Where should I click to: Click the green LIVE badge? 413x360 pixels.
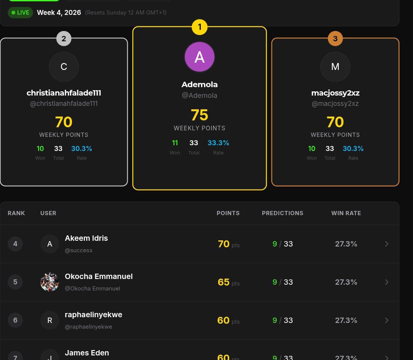click(20, 13)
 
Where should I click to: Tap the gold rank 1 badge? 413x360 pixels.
click(199, 27)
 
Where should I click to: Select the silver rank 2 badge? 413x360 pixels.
click(64, 38)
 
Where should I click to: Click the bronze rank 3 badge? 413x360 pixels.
click(335, 38)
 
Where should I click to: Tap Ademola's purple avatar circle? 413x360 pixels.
click(199, 57)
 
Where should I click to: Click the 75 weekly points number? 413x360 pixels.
click(199, 115)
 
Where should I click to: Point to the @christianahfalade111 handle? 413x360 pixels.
click(64, 104)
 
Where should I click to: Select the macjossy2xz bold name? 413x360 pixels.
click(335, 93)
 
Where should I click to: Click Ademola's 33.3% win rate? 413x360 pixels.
click(218, 143)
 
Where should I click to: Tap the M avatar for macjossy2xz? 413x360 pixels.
click(335, 67)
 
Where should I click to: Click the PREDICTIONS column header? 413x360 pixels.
click(283, 213)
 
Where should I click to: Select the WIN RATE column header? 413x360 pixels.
click(346, 213)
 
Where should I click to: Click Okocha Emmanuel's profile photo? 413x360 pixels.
click(50, 282)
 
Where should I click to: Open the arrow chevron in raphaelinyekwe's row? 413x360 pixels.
click(387, 320)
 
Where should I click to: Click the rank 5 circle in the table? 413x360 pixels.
click(15, 282)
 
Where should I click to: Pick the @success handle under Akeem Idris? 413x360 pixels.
click(78, 250)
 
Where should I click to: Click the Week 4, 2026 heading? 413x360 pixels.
click(59, 13)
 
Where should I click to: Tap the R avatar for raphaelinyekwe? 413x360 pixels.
click(50, 320)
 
